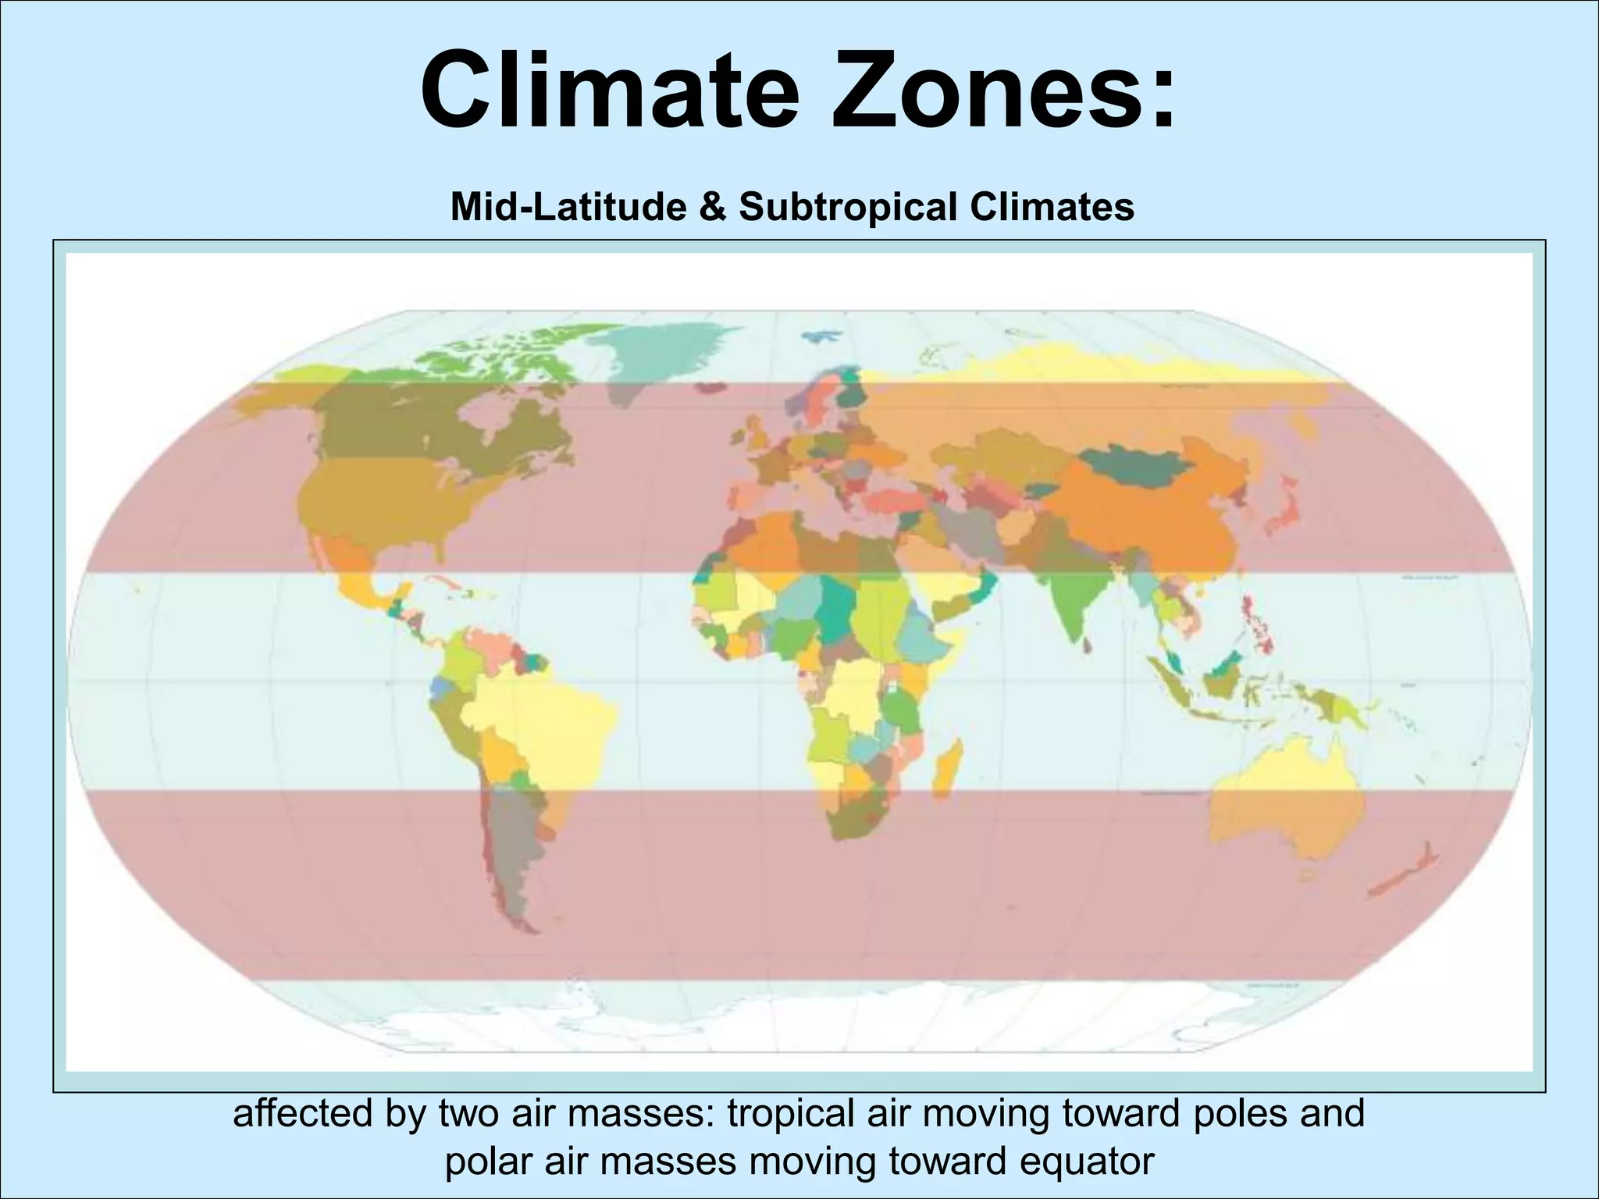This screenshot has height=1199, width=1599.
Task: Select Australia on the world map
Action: (1280, 796)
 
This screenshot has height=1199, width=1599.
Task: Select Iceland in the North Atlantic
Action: (712, 387)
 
